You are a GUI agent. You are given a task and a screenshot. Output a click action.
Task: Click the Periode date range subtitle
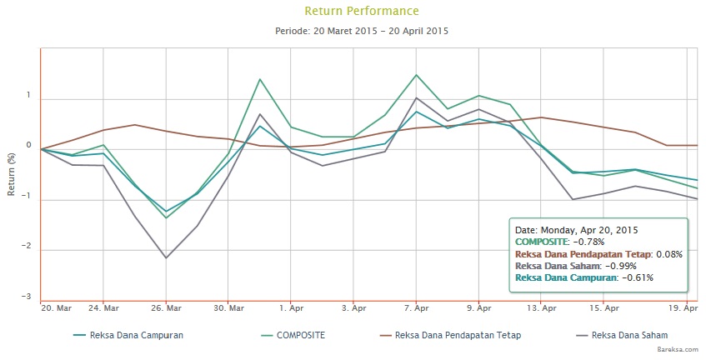pos(362,31)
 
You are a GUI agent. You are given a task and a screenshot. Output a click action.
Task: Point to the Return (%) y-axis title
pos(12,173)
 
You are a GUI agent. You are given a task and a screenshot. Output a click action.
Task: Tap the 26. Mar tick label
pos(166,308)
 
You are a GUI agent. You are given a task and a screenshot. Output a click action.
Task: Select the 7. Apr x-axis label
pos(416,308)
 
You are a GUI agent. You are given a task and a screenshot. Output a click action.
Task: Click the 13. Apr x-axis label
pos(541,308)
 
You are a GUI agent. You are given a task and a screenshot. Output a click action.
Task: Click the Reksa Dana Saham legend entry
pos(625,336)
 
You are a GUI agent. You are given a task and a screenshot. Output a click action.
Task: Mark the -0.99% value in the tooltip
pos(619,266)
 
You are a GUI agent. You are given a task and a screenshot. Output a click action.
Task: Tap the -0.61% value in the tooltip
pos(636,277)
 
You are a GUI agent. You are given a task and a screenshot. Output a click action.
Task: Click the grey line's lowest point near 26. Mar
pos(166,257)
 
